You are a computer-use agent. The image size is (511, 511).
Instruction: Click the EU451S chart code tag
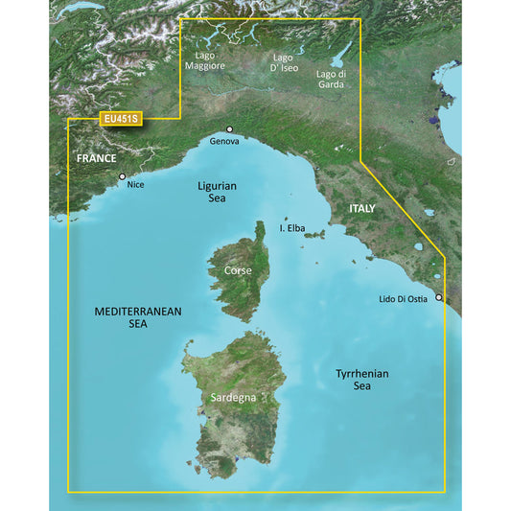[120, 120]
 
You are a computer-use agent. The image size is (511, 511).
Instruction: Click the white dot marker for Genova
[230, 129]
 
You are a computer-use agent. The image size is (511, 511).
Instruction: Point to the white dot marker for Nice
[122, 176]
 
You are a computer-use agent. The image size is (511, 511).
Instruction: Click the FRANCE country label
[97, 159]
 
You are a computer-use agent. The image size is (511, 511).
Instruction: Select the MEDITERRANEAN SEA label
[139, 318]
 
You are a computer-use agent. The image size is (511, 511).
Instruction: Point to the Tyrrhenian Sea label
[360, 379]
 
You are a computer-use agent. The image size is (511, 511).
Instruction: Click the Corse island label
[237, 271]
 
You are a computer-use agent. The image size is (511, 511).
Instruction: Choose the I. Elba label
[292, 228]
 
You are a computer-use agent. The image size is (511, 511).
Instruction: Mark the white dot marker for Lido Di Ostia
[440, 298]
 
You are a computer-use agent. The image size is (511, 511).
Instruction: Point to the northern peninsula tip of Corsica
[259, 227]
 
